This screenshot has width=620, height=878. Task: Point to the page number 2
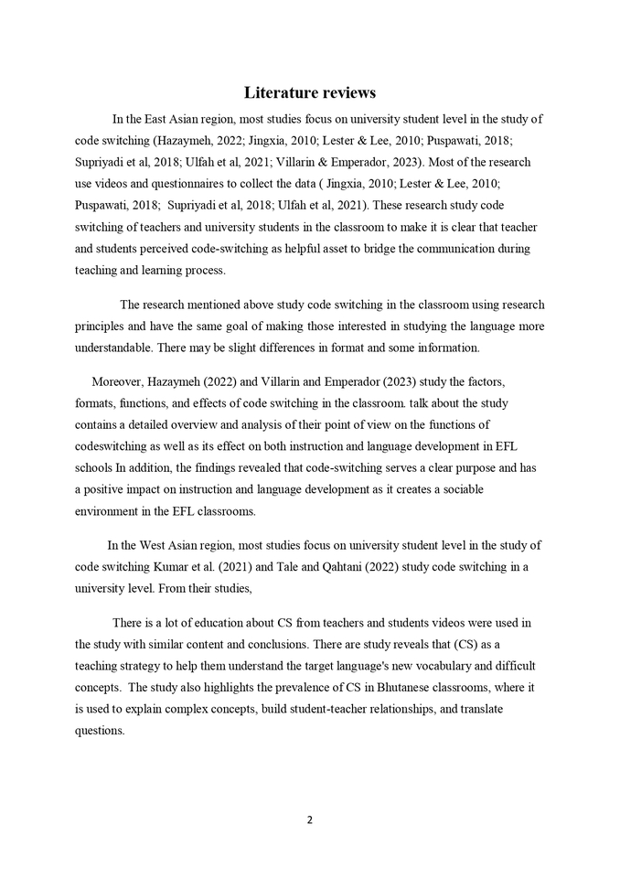coord(310,819)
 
